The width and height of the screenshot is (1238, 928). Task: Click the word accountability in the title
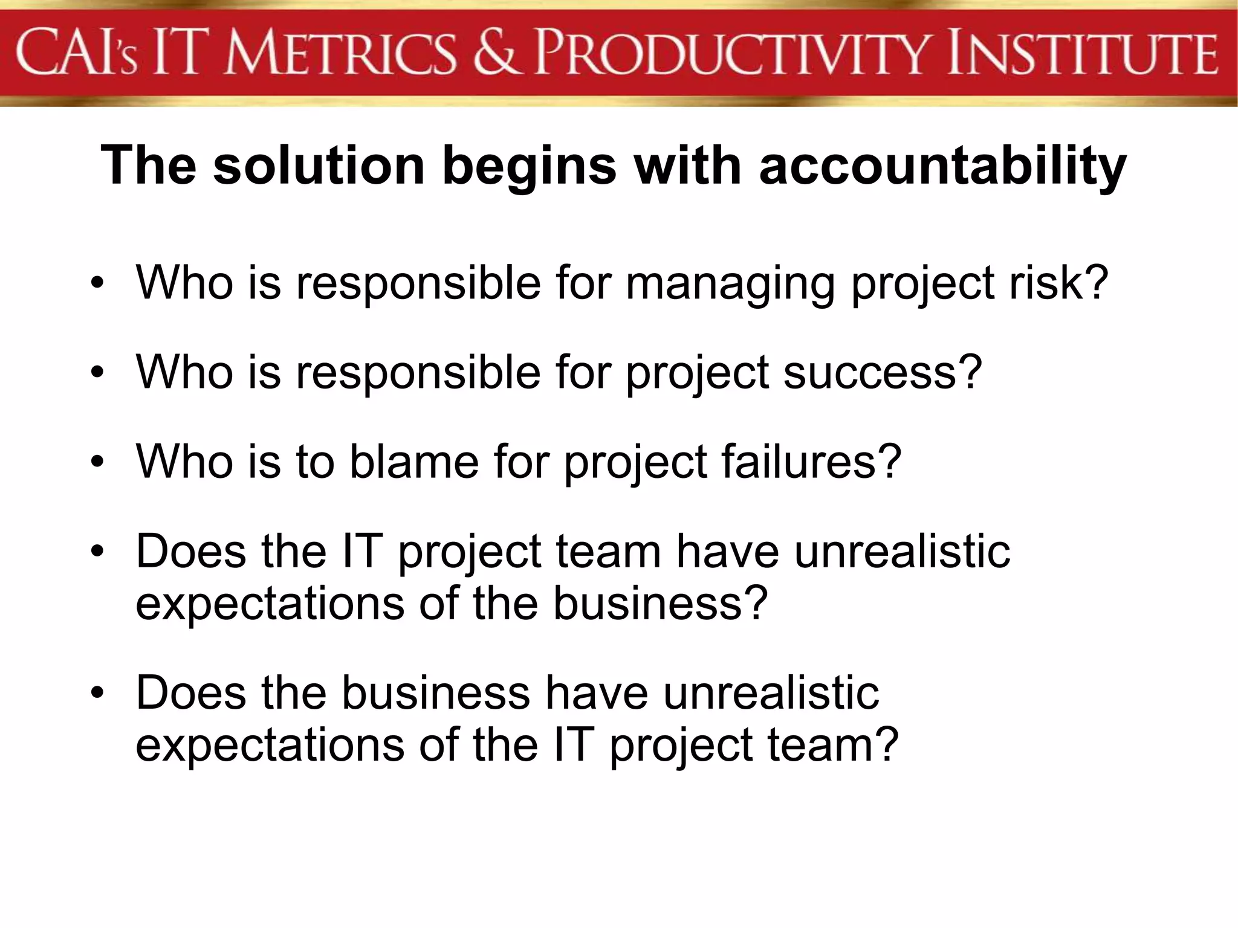pos(942,166)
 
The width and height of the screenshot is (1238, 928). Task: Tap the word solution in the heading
pos(319,166)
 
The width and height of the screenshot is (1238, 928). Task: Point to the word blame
pos(414,462)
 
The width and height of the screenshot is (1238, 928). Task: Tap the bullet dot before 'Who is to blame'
pos(97,463)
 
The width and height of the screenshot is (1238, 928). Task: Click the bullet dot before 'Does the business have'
pos(97,694)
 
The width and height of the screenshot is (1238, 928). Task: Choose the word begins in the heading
pos(529,167)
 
